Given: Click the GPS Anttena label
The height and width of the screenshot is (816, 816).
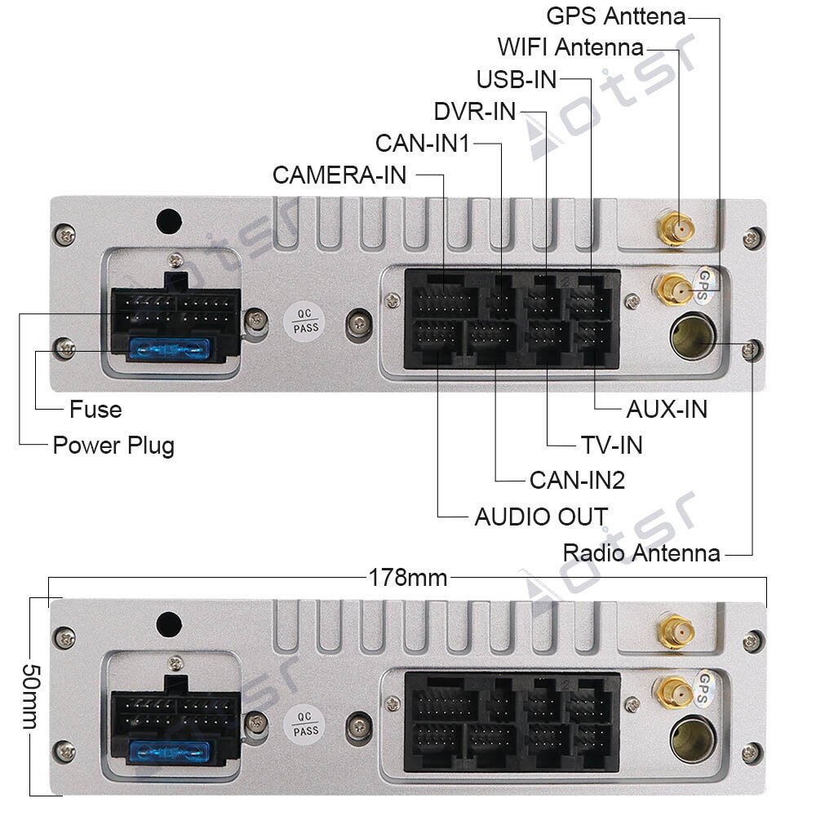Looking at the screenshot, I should (x=615, y=16).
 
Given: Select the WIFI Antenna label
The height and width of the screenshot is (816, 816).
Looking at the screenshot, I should (x=570, y=47).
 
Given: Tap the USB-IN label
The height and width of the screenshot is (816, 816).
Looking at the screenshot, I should (x=517, y=79).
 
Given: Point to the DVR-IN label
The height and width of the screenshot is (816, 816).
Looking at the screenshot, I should (x=475, y=111).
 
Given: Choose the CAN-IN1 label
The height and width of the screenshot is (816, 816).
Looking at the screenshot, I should (x=423, y=143).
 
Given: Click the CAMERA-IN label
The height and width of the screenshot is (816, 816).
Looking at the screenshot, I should (x=339, y=175).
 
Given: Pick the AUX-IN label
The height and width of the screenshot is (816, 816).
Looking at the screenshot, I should (x=666, y=408).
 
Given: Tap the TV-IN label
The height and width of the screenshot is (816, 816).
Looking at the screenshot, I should (x=611, y=445).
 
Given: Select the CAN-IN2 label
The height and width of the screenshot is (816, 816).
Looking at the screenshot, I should (x=576, y=480).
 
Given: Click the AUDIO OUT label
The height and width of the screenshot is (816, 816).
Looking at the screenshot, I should (x=541, y=517).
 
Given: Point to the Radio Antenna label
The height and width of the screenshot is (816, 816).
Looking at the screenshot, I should (x=641, y=552).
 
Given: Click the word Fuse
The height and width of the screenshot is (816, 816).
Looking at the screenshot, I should (x=95, y=408).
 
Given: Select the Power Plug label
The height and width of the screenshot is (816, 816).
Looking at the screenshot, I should (x=113, y=446).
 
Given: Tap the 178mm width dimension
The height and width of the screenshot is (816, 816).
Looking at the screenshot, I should (x=407, y=578).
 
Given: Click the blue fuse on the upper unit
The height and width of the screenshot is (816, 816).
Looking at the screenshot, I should (x=170, y=350).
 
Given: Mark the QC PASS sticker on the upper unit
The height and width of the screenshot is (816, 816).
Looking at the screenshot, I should (x=306, y=321).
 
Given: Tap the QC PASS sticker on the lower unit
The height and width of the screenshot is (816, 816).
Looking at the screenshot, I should (x=306, y=724).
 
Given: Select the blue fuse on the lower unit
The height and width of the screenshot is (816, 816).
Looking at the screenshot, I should (x=170, y=752).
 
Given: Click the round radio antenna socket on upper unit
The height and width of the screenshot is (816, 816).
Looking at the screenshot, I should (x=692, y=335).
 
